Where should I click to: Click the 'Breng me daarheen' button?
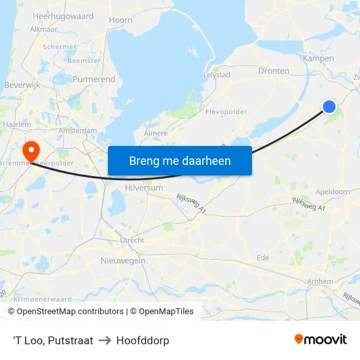(x=180, y=160)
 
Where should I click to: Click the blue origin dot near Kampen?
(x=329, y=107)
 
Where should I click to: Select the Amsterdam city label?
(x=77, y=131)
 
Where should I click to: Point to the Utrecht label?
(x=132, y=240)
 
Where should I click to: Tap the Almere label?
(x=155, y=133)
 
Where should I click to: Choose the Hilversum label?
(x=143, y=187)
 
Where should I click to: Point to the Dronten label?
(x=274, y=71)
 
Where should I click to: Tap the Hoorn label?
(x=120, y=21)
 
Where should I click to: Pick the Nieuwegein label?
(x=123, y=261)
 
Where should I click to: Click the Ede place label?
(x=262, y=257)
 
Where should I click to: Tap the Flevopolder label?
(x=226, y=111)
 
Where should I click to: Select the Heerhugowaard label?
(x=63, y=16)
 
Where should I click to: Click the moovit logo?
(x=320, y=340)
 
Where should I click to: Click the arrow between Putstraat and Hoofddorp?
(x=104, y=340)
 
